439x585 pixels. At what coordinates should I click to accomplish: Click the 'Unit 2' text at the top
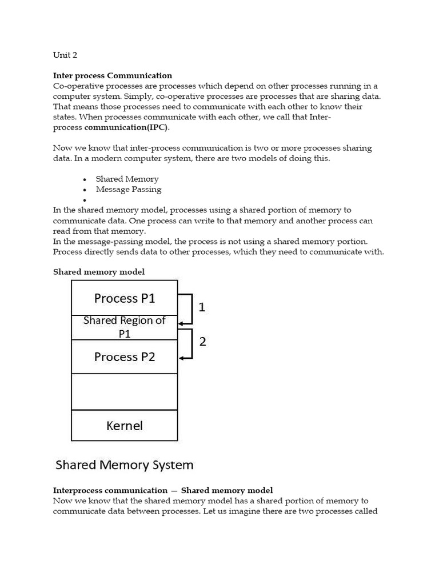tap(65, 55)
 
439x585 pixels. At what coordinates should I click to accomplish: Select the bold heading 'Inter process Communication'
tap(112, 75)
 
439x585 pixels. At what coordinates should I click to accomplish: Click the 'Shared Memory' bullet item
tap(127, 179)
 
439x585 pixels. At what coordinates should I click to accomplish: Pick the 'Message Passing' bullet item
tap(129, 189)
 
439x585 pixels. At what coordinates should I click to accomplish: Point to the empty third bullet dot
tap(84, 200)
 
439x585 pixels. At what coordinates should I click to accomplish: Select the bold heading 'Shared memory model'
tap(99, 272)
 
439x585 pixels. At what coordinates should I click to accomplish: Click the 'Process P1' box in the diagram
tap(124, 298)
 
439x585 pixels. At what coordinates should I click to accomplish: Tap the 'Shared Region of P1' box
tap(124, 327)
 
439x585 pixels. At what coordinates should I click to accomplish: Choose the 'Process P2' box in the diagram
tap(124, 357)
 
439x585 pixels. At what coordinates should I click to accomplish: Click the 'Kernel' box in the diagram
tap(124, 426)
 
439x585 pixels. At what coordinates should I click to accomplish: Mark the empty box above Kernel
tap(124, 392)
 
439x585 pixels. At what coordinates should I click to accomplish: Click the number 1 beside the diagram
tap(202, 307)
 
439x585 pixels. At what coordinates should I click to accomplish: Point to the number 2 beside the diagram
tap(202, 342)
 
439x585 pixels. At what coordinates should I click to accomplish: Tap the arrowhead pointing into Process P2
tap(182, 358)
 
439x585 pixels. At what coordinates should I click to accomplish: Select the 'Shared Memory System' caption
tap(124, 464)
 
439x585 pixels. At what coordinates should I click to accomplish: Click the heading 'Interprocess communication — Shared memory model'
tap(163, 490)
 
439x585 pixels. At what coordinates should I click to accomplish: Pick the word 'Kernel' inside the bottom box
tap(124, 426)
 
